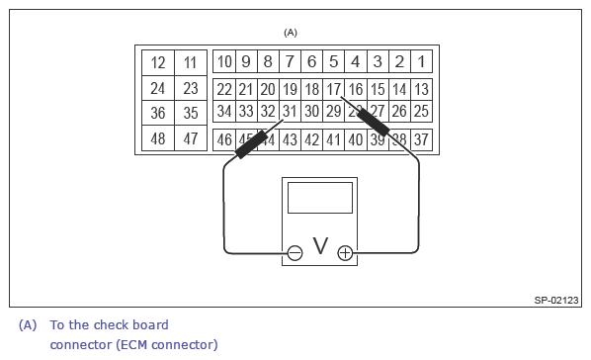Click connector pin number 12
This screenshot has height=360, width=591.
point(158,62)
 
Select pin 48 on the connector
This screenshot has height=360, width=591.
point(158,138)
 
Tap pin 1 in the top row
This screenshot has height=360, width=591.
point(421,62)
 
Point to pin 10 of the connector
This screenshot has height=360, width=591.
point(224,62)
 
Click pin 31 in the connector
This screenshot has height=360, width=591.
point(290,111)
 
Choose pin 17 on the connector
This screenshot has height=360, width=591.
point(334,89)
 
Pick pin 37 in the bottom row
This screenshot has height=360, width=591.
point(421,139)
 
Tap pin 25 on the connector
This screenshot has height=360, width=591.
point(421,111)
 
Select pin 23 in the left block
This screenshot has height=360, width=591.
point(191,88)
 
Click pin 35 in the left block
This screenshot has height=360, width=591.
point(191,113)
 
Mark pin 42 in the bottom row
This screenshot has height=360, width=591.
point(311,139)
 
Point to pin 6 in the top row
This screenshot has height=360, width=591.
point(311,62)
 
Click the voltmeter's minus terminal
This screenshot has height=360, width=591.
point(295,253)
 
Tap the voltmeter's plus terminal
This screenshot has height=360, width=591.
point(345,253)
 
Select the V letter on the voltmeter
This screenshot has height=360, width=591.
point(320,246)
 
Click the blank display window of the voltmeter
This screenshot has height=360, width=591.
point(320,197)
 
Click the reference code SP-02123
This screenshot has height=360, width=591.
point(556,300)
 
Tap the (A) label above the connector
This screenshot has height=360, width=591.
point(291,32)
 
